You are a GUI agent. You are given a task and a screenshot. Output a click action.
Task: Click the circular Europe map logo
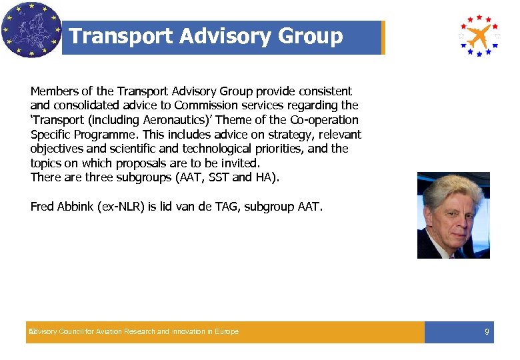point(31,30)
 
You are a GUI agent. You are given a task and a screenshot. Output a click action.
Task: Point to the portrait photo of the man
point(453,215)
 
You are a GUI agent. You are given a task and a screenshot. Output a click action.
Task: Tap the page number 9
point(487,332)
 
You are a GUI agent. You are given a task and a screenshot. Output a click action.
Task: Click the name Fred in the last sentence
point(42,207)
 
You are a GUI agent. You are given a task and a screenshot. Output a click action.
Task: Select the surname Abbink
point(76,207)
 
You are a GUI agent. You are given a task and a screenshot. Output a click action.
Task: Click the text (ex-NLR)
point(121,207)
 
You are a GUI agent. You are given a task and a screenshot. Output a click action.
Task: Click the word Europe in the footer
point(227,332)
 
